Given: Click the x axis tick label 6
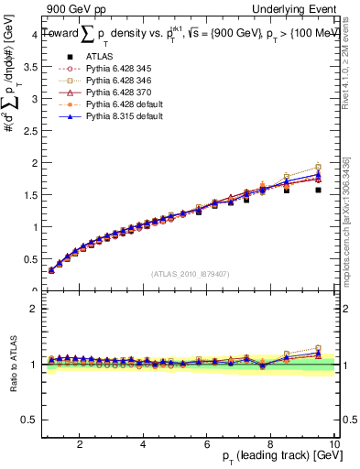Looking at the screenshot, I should (208, 444).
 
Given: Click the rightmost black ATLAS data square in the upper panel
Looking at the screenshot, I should (318, 190).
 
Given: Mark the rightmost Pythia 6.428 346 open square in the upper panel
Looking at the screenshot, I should (318, 166).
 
